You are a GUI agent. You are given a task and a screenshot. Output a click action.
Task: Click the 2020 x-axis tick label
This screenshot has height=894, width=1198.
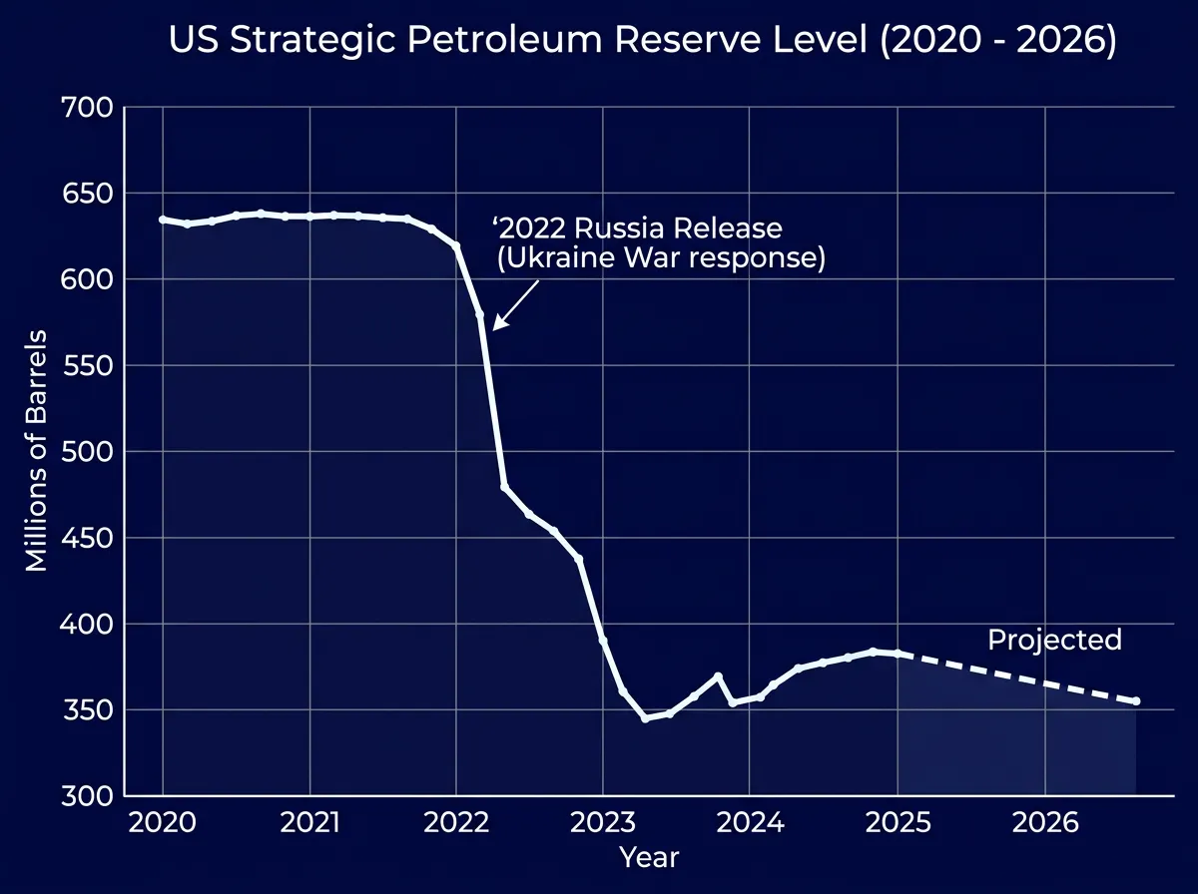[x=163, y=823]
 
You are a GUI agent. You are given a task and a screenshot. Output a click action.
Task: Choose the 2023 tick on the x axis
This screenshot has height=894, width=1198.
[x=602, y=823]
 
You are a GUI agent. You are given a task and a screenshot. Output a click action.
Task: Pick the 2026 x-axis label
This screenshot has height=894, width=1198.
[x=1044, y=823]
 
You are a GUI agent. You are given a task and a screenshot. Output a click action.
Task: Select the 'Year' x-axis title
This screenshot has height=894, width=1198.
[x=649, y=857]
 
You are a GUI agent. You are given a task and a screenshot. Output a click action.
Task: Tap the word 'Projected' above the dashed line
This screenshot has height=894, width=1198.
[x=1054, y=640]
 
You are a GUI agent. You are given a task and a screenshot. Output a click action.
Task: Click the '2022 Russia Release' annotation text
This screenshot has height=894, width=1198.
[x=638, y=228]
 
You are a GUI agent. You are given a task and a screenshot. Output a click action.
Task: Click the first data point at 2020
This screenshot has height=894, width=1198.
[x=163, y=220]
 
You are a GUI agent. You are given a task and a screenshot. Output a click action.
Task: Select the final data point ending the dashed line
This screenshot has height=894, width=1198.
[x=1136, y=701]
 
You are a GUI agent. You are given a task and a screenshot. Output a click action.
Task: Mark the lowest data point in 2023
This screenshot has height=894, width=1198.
[x=645, y=718]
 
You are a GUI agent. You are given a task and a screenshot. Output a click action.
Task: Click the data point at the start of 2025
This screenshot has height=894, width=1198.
[x=898, y=654]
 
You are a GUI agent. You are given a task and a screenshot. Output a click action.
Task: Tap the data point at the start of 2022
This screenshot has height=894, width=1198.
[x=456, y=245]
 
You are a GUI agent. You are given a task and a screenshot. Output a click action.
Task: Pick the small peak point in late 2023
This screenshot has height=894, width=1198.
[x=718, y=676]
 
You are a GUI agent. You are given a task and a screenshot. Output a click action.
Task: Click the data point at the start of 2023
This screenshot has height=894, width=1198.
[x=602, y=640]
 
